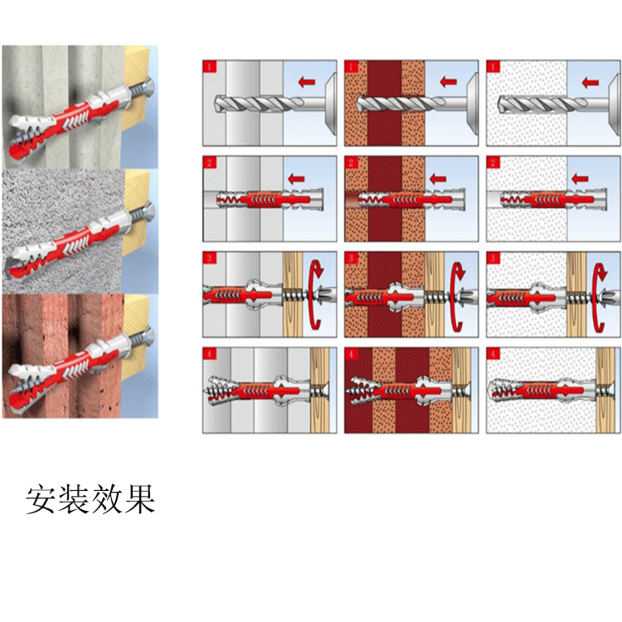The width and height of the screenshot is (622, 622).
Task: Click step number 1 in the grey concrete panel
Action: (211, 66)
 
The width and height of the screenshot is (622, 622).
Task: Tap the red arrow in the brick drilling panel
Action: (448, 81)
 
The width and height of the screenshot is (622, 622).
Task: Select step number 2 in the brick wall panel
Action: (352, 162)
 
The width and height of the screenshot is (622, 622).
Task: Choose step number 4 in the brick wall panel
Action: (352, 354)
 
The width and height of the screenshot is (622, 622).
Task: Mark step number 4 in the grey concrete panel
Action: (211, 354)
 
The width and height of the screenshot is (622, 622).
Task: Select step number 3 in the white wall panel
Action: (494, 258)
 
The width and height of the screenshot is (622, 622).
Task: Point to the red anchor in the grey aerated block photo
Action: (70, 241)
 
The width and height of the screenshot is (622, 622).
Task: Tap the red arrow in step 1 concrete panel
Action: (308, 81)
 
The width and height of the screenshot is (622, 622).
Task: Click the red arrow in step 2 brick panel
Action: (440, 177)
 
